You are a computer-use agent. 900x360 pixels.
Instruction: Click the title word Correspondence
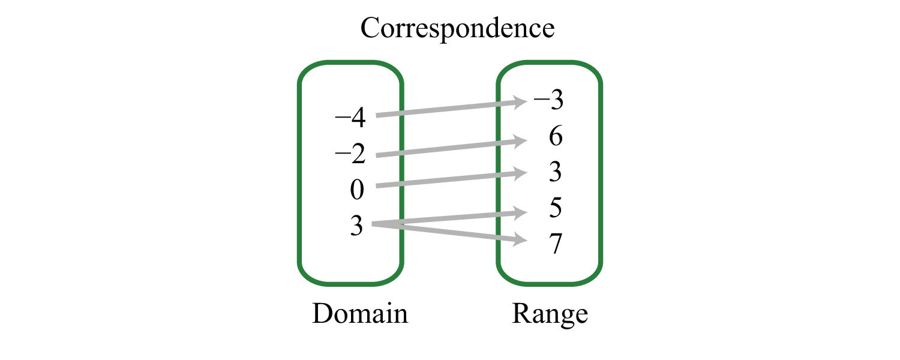(x=457, y=29)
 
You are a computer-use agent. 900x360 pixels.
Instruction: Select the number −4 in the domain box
(x=350, y=118)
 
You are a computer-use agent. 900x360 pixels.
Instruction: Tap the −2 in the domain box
(x=350, y=154)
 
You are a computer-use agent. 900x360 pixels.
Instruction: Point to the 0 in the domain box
(x=357, y=190)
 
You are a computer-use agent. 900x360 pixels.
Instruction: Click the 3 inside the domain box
(x=357, y=226)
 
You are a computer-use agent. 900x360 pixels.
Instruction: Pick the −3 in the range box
(x=549, y=99)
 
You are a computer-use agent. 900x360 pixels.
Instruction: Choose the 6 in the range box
(x=556, y=136)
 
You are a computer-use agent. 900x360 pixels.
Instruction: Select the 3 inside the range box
(x=555, y=172)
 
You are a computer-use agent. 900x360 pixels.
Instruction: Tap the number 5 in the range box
(x=555, y=208)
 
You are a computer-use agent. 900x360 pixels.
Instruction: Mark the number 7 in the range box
(x=556, y=244)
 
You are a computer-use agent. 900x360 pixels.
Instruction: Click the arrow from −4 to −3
(x=451, y=109)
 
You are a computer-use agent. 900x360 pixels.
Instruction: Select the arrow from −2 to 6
(x=451, y=148)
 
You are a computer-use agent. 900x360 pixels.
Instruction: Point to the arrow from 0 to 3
(x=451, y=179)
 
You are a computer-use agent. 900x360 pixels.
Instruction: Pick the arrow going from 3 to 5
(x=449, y=218)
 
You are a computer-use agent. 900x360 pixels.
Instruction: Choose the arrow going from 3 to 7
(x=449, y=232)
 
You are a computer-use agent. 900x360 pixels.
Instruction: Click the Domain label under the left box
(x=360, y=314)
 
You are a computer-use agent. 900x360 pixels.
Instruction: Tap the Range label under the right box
(x=550, y=314)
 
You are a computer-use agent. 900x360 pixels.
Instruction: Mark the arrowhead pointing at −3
(x=519, y=103)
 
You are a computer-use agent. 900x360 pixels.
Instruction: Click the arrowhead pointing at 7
(x=519, y=240)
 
